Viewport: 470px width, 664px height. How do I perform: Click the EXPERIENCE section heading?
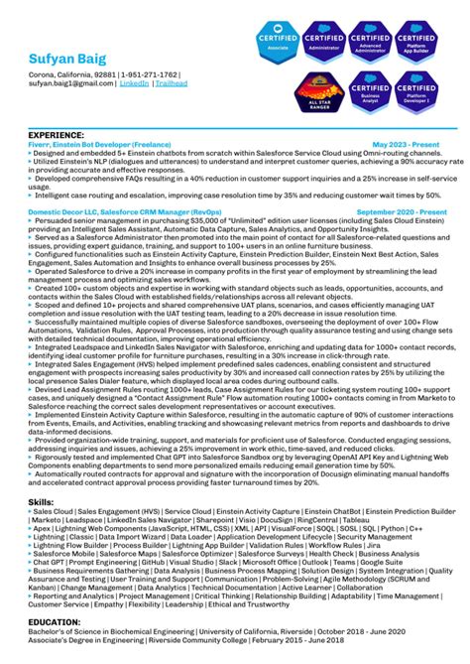[x=56, y=134]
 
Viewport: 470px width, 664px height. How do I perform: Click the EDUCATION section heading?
[x=54, y=621]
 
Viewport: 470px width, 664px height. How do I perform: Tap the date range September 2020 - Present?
[x=401, y=211]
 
